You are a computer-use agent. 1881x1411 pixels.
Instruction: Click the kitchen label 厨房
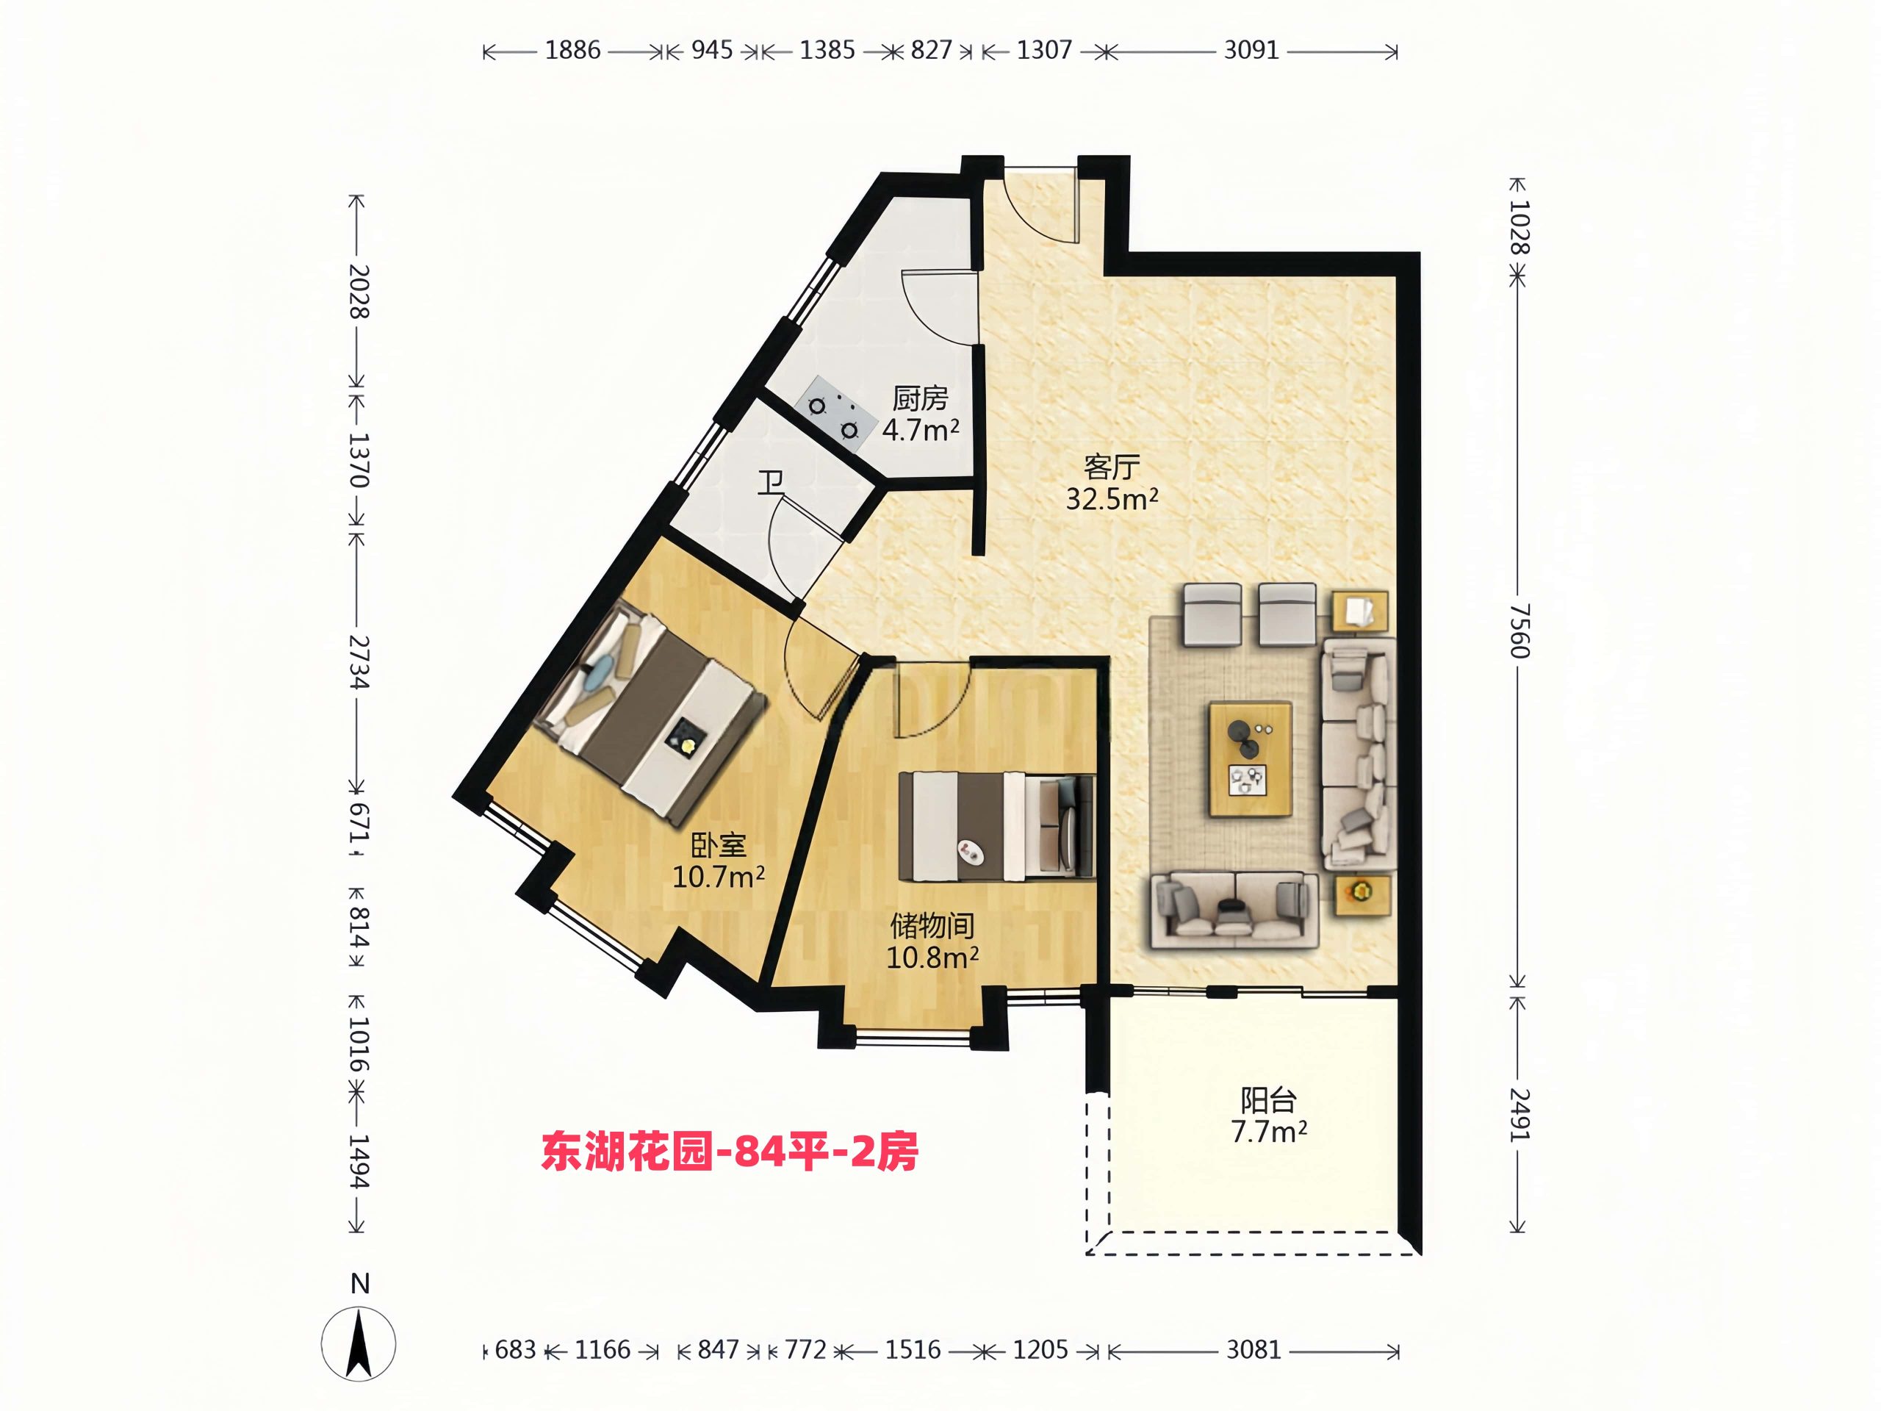click(x=920, y=398)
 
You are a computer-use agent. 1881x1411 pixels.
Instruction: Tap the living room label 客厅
click(x=1112, y=467)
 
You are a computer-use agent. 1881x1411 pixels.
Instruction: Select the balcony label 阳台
click(x=1268, y=1101)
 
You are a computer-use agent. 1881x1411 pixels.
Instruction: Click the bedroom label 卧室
click(x=719, y=845)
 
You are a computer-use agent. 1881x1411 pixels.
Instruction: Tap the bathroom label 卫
click(x=772, y=483)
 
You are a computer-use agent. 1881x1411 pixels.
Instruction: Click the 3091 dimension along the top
click(x=1251, y=50)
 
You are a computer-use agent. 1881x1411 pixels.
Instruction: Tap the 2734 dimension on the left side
click(x=358, y=661)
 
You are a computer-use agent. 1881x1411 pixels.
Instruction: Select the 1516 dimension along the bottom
click(x=913, y=1350)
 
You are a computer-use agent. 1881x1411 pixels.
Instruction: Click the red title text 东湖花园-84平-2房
click(x=730, y=1153)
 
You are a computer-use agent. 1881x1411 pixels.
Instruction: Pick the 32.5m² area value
click(x=1112, y=499)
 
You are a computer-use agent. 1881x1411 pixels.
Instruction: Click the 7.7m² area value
click(x=1268, y=1132)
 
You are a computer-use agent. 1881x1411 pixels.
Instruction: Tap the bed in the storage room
click(x=996, y=826)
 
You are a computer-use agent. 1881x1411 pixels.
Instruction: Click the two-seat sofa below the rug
click(x=1234, y=909)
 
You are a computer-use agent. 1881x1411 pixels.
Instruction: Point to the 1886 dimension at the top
click(x=572, y=50)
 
